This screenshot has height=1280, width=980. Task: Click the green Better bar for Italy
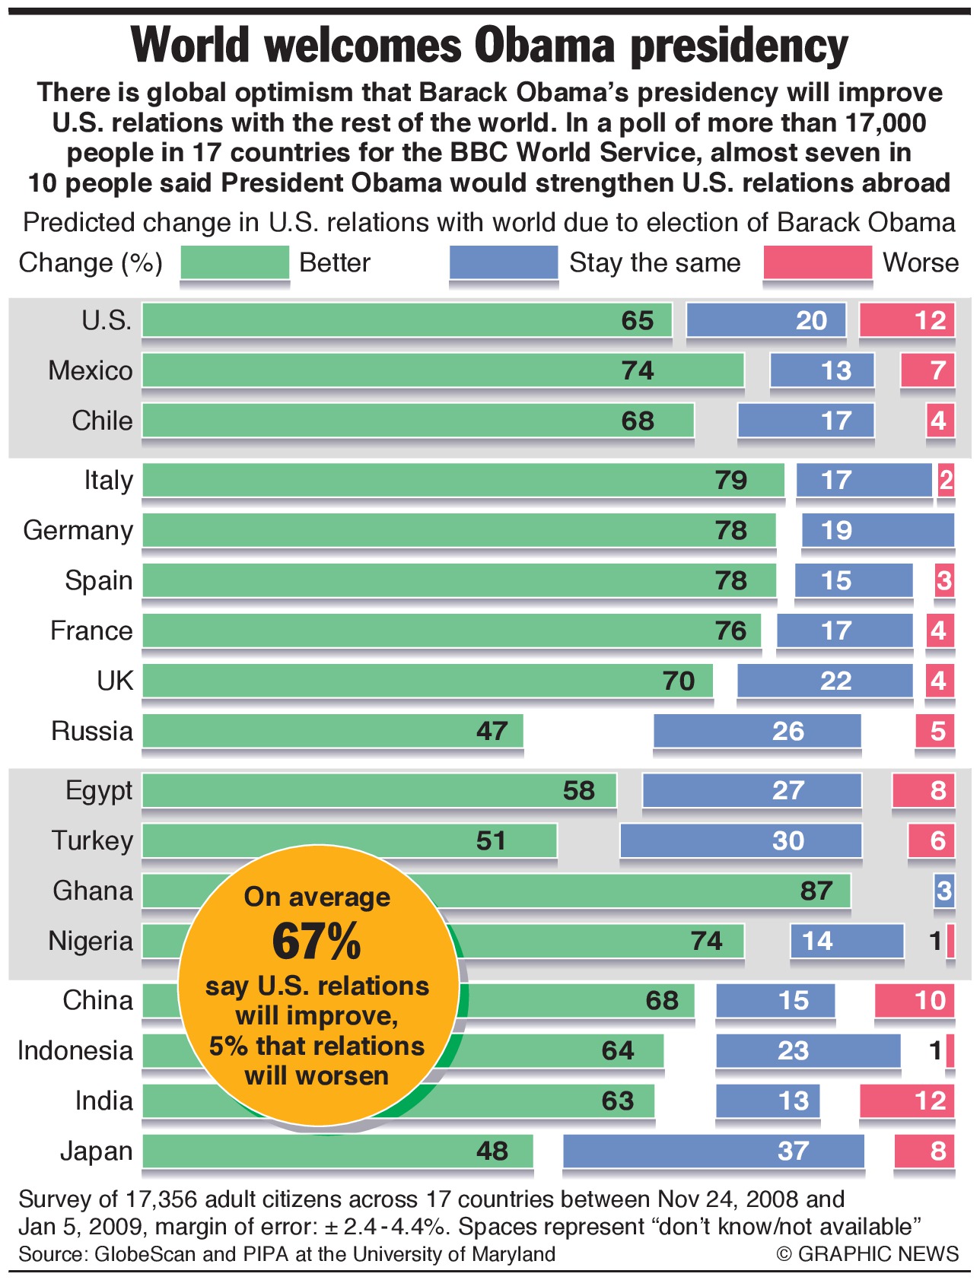pos(463,480)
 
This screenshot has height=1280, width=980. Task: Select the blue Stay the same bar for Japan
pos(713,1151)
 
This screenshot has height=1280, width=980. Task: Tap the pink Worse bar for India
pos(907,1101)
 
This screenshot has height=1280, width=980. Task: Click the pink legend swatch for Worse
pos(817,262)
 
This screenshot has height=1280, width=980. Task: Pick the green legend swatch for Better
pos(235,262)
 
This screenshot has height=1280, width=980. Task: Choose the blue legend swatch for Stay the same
pos(504,262)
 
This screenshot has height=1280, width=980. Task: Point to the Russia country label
pos(92,731)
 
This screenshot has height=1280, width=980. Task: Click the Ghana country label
pos(93,891)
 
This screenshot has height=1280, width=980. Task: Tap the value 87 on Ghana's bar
pos(816,891)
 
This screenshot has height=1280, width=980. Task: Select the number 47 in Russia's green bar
pos(492,731)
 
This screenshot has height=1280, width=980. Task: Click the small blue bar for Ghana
pos(944,891)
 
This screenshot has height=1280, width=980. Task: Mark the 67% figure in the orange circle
pos(317,942)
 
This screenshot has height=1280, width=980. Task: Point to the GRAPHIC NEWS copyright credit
pos(867,1254)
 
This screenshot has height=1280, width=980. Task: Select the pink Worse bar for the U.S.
pos(907,320)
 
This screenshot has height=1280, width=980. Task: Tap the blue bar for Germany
pos(877,530)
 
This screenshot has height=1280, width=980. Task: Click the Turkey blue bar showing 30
pos(741,840)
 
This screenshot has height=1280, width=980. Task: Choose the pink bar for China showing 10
pos(915,1000)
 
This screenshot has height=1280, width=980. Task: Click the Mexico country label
pos(91,370)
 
